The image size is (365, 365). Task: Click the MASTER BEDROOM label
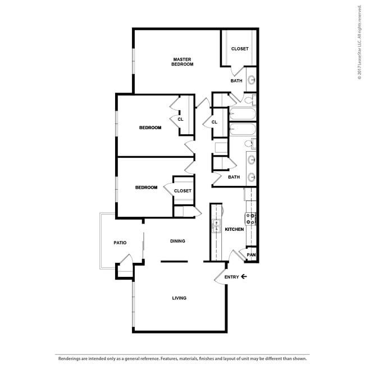click(x=182, y=62)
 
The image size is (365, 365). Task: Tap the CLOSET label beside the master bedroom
click(x=240, y=49)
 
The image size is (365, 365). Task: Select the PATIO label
click(x=120, y=243)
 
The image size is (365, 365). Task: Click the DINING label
click(x=177, y=241)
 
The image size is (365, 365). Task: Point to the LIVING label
click(x=179, y=298)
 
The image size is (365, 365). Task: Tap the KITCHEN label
click(x=234, y=229)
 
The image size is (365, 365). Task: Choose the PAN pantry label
click(x=252, y=255)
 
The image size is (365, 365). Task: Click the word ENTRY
click(x=231, y=277)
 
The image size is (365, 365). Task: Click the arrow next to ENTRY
click(x=244, y=277)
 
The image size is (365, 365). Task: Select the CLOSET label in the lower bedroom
click(x=182, y=191)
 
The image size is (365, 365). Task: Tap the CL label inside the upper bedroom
click(x=180, y=119)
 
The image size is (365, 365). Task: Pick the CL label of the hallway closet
click(x=215, y=122)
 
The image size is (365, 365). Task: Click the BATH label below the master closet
click(x=236, y=81)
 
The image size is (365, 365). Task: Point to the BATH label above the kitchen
click(x=234, y=177)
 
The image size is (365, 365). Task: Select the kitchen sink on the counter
click(x=216, y=226)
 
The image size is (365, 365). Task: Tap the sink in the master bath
click(x=251, y=80)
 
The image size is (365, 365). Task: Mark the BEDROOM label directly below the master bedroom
click(x=150, y=127)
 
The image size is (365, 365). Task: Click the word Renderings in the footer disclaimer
click(x=69, y=358)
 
